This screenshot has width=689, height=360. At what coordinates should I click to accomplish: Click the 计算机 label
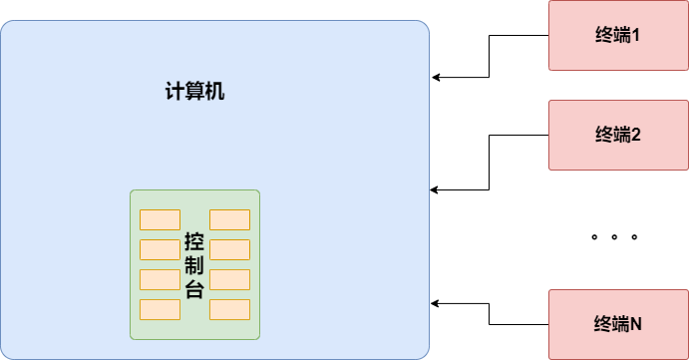tap(194, 92)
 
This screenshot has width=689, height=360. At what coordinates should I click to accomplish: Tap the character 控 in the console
tap(194, 244)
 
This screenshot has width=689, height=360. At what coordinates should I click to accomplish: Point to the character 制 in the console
tap(194, 267)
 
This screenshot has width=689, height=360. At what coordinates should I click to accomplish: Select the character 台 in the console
tap(194, 289)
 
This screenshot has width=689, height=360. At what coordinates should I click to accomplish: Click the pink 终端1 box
tap(618, 35)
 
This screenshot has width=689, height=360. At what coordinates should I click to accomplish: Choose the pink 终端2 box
tap(618, 135)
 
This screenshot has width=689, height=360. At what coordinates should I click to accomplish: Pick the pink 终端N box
tap(618, 324)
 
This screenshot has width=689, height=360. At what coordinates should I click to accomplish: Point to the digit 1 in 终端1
tap(635, 35)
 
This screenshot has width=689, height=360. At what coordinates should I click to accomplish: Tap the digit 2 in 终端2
tap(635, 135)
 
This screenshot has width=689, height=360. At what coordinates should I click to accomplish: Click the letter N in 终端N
tap(635, 324)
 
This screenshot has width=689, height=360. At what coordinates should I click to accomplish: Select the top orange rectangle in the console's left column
tap(160, 219)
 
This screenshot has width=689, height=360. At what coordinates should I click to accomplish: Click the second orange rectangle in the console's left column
tap(160, 249)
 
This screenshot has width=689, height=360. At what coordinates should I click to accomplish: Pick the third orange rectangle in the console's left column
tap(160, 279)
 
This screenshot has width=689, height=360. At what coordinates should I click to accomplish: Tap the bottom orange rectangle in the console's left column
tap(160, 309)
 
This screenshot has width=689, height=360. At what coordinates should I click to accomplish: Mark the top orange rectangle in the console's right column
tap(229, 219)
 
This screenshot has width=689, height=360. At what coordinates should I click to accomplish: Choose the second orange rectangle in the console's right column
tap(229, 249)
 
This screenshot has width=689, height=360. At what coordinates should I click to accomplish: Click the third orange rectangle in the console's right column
tap(229, 279)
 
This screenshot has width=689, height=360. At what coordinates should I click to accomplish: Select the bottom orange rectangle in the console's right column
tap(229, 309)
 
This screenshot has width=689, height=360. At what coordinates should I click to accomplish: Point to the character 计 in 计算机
tap(174, 92)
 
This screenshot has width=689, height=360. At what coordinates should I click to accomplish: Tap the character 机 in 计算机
tap(215, 92)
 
